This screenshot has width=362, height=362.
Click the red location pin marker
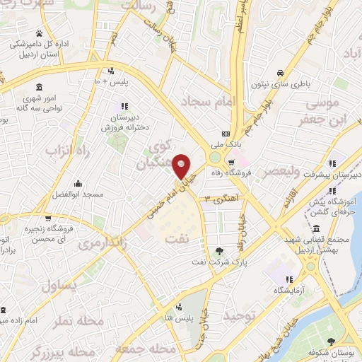click(182, 166)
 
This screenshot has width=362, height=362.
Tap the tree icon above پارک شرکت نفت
click(218, 251)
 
